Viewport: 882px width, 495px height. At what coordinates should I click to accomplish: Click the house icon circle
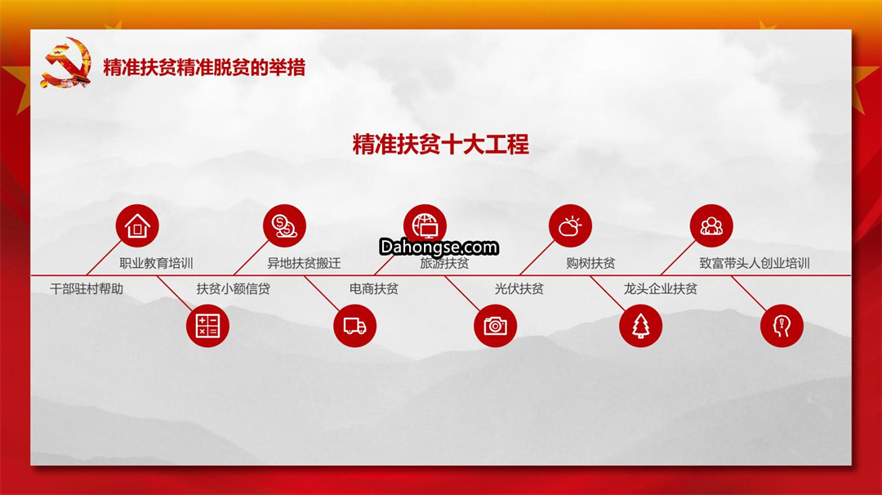[x=137, y=225]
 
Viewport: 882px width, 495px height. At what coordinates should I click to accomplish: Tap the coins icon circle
[x=285, y=225]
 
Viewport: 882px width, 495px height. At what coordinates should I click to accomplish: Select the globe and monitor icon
[x=425, y=225]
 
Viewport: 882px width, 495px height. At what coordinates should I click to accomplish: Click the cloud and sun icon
[x=570, y=225]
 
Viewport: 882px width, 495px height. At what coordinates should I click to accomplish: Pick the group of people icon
[x=711, y=225]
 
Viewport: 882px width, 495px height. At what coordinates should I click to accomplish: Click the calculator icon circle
[x=207, y=326]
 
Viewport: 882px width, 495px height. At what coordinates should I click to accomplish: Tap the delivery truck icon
[x=355, y=326]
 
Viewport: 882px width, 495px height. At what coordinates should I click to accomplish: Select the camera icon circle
[x=496, y=326]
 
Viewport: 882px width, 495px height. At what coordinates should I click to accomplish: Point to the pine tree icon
[x=641, y=326]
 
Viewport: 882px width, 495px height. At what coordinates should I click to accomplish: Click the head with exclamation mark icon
[x=782, y=326]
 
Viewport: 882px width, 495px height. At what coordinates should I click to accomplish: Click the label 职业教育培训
[x=156, y=263]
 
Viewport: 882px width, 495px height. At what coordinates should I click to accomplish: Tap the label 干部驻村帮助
[x=87, y=289]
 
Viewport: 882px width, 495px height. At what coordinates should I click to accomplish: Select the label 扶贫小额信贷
[x=234, y=289]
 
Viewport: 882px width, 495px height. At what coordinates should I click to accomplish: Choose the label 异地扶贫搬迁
[x=304, y=263]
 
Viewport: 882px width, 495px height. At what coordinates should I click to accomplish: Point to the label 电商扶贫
[x=374, y=289]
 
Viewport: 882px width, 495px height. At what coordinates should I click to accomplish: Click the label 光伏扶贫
[x=519, y=289]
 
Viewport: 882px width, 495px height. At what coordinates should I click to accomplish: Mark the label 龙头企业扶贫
[x=661, y=289]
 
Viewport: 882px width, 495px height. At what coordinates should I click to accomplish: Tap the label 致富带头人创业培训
[x=755, y=263]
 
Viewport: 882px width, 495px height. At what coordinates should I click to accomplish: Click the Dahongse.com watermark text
[x=439, y=247]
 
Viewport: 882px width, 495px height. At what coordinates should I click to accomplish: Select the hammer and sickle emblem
[x=66, y=62]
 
